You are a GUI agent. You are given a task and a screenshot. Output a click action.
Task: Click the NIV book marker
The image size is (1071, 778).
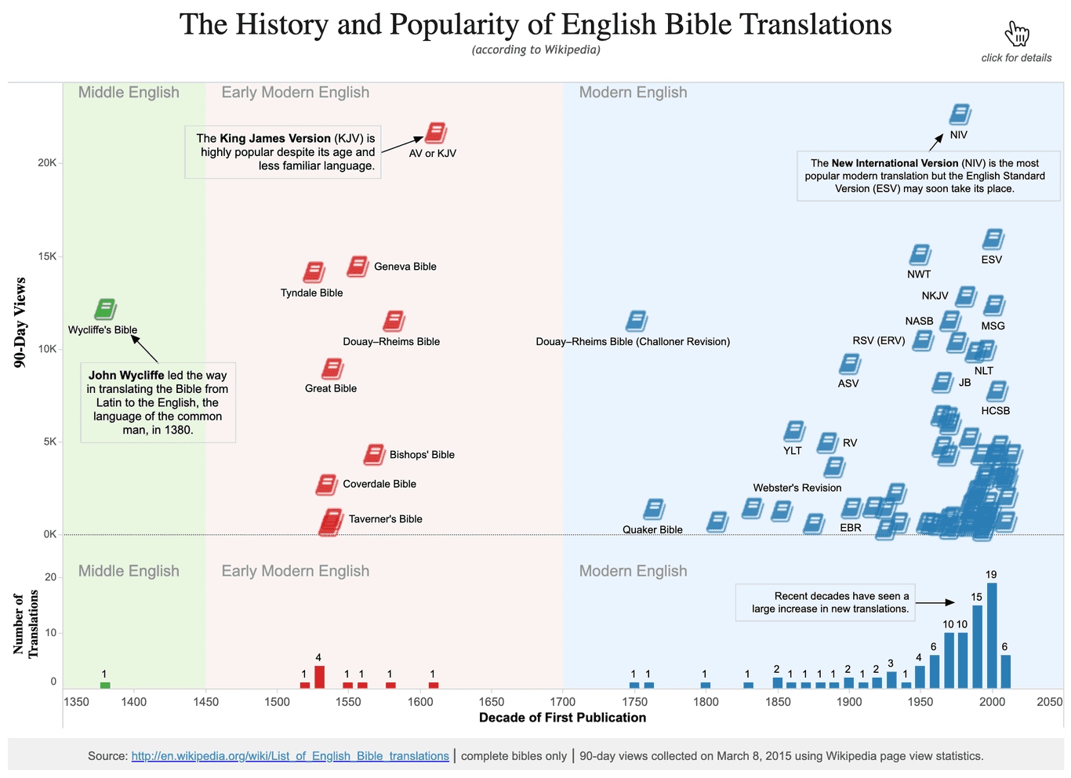pos(960,115)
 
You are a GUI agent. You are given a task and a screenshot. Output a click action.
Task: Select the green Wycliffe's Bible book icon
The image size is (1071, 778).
pos(105,310)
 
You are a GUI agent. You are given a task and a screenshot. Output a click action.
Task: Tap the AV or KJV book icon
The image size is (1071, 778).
pos(435,133)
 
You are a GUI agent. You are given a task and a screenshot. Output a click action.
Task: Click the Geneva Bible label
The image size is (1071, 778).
pos(405,267)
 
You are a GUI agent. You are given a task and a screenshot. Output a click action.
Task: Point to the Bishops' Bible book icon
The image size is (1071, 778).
pos(374,454)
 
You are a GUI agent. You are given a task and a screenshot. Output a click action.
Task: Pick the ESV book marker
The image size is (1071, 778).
pos(993,240)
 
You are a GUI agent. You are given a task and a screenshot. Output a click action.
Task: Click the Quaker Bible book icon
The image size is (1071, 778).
pos(653,510)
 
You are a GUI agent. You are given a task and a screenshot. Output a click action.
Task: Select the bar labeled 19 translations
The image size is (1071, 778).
pos(992,634)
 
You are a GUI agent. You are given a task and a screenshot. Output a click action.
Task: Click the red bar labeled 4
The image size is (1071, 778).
pos(319,677)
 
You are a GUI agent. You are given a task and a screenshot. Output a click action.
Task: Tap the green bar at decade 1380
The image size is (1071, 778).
pos(105,685)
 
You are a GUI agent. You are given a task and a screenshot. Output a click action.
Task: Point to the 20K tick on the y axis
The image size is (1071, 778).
pos(49,163)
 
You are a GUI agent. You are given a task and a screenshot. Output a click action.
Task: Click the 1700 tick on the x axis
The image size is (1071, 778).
pos(563,702)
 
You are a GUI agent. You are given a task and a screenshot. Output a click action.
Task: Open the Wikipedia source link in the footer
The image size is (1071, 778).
pos(290,756)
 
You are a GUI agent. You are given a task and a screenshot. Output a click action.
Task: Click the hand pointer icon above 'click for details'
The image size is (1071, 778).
pos(1016,34)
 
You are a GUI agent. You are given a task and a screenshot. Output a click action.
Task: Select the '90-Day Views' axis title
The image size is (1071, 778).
pos(20,322)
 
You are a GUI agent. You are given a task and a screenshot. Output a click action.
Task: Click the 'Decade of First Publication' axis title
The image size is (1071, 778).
pos(562,718)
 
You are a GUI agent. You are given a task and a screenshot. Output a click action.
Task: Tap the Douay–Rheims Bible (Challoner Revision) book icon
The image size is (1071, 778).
pos(636,321)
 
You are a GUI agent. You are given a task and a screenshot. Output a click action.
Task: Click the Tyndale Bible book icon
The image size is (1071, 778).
pos(314,273)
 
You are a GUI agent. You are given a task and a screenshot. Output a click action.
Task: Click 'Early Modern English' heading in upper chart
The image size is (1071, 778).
pos(295,93)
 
